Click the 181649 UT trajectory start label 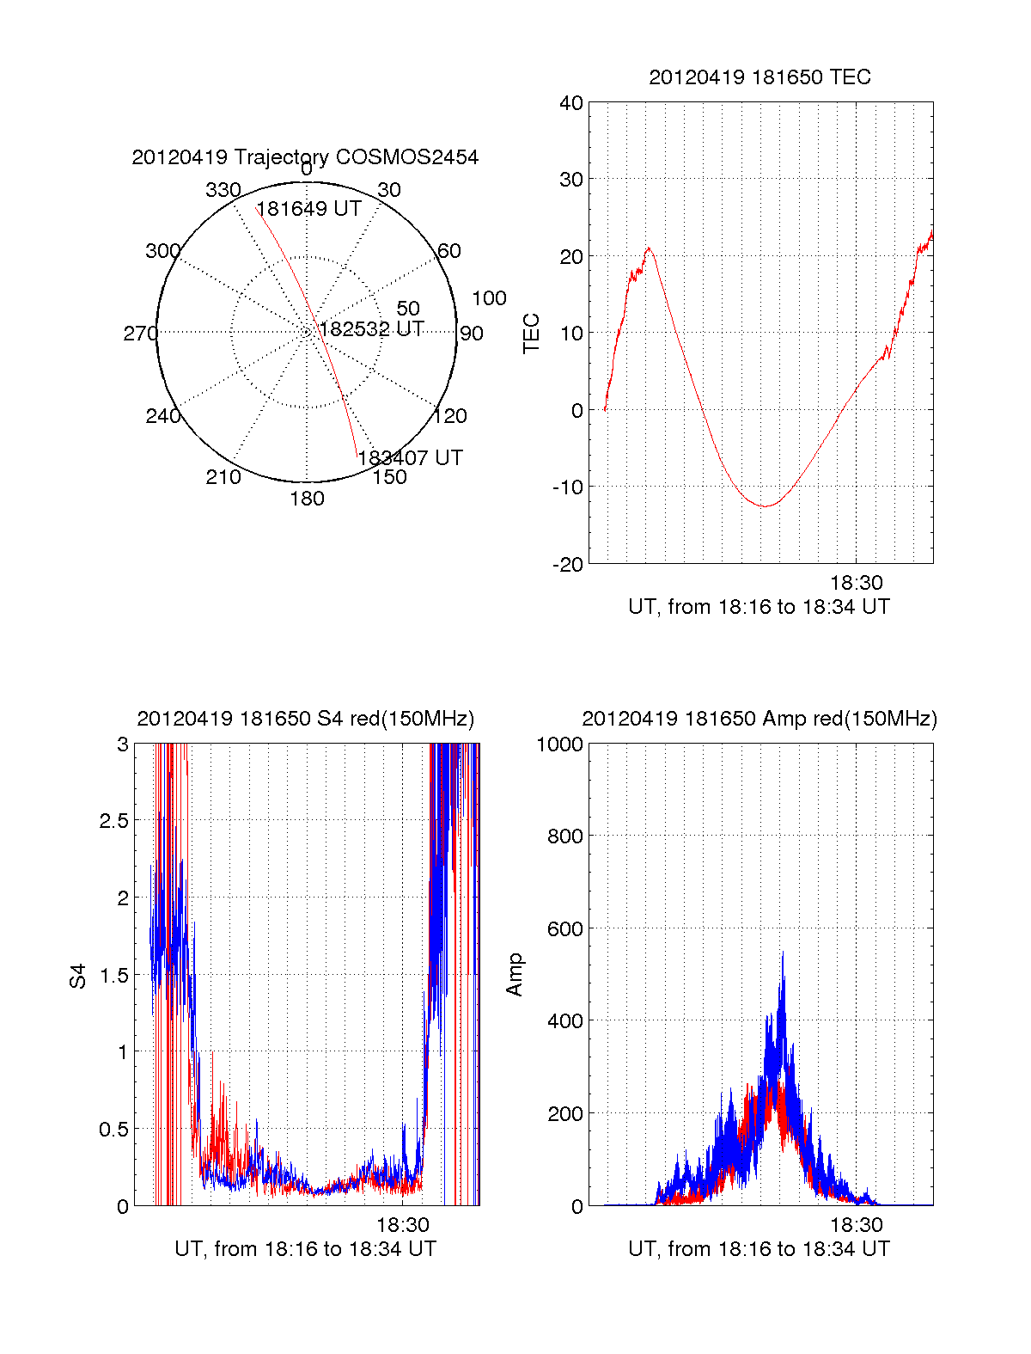308,209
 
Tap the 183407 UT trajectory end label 410,457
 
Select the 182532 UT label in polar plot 371,329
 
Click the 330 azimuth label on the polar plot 223,190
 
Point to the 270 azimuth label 140,334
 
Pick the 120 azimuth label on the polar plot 450,416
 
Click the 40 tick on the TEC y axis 571,103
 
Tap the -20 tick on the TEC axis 568,564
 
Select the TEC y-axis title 532,334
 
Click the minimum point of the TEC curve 765,506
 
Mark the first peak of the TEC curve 650,248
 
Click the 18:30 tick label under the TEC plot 856,583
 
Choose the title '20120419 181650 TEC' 760,77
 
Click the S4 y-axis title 78,976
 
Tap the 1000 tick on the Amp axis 559,744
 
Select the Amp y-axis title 515,975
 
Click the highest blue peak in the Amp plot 783,953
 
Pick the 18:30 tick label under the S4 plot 403,1224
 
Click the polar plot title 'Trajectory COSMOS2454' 305,157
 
